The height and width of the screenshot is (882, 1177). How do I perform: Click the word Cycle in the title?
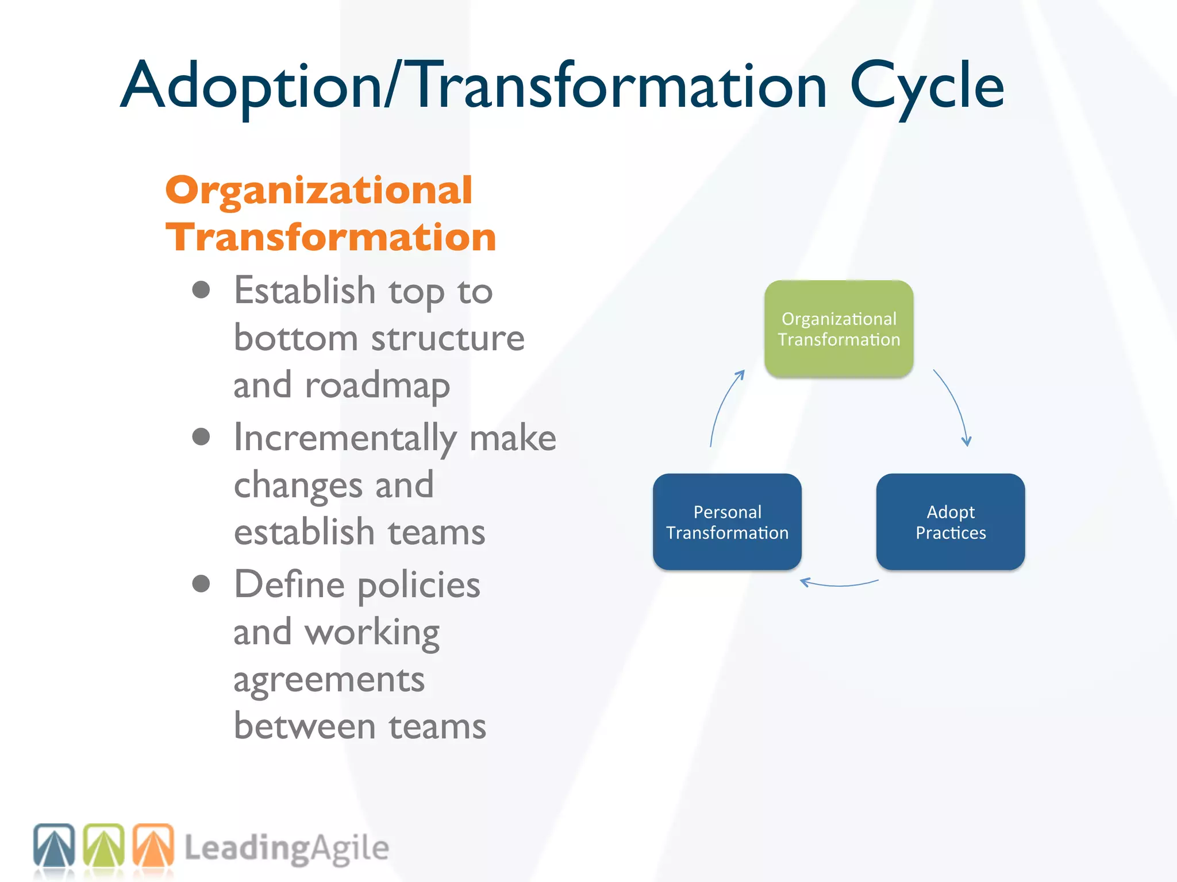click(x=926, y=86)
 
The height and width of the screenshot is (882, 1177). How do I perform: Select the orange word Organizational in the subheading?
click(x=319, y=191)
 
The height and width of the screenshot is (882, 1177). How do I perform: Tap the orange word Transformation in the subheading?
click(x=330, y=238)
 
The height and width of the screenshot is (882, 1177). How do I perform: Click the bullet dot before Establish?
click(x=201, y=290)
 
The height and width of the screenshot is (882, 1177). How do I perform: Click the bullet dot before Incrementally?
click(x=201, y=437)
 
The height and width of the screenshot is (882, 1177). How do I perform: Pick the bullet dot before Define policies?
click(x=201, y=584)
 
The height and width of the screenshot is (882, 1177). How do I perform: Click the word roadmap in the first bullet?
click(x=377, y=386)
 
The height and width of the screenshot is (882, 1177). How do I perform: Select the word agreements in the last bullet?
click(x=329, y=680)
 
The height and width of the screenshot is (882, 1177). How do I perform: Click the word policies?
click(x=418, y=586)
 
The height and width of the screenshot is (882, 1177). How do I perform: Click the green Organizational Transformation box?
click(x=838, y=329)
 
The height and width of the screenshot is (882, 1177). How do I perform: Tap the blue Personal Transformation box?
click(x=727, y=522)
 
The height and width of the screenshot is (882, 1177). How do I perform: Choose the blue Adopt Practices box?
click(x=950, y=522)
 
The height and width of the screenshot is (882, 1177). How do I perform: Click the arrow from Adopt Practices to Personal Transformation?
click(x=839, y=585)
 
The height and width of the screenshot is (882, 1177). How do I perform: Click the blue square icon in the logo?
click(x=54, y=845)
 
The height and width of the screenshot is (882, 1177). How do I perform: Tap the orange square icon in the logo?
click(x=153, y=845)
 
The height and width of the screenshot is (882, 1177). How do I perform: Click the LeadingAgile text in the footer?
click(x=286, y=848)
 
